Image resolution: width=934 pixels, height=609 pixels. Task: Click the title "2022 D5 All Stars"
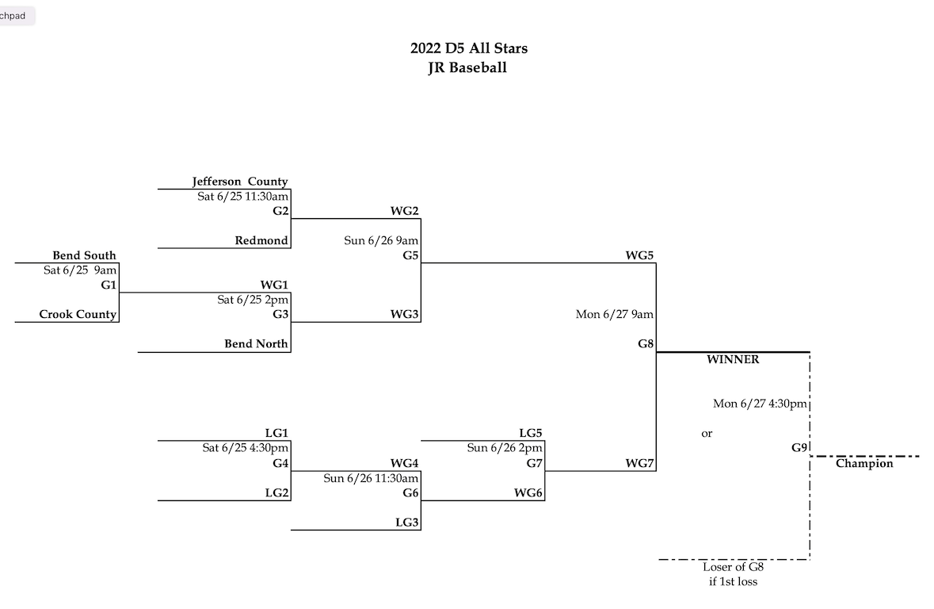click(468, 48)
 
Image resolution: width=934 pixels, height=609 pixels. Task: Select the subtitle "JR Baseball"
click(467, 68)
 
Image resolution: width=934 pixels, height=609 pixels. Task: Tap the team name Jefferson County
click(240, 182)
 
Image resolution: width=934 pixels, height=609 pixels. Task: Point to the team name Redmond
click(261, 240)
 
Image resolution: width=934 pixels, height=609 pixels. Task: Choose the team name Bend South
click(84, 255)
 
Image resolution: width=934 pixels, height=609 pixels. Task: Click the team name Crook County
click(78, 314)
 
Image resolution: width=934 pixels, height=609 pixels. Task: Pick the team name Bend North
click(256, 343)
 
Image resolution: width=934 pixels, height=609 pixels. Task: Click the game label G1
click(109, 285)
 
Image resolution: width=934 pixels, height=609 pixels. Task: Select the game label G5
click(410, 255)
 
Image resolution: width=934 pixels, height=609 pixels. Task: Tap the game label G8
click(646, 343)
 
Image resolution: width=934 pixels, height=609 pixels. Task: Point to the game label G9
click(799, 448)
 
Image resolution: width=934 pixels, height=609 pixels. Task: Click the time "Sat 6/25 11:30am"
click(242, 197)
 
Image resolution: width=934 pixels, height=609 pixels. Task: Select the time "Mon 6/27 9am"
click(615, 314)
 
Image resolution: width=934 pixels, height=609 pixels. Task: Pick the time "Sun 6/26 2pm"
click(505, 448)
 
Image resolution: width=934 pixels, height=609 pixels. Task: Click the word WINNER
click(733, 360)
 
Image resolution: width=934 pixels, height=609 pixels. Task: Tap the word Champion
click(864, 464)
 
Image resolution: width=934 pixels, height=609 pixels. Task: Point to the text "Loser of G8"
click(733, 567)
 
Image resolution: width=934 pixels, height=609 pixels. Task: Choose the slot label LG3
click(407, 522)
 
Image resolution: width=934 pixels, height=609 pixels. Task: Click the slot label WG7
click(640, 463)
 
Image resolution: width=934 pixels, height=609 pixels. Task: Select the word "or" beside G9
click(707, 434)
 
